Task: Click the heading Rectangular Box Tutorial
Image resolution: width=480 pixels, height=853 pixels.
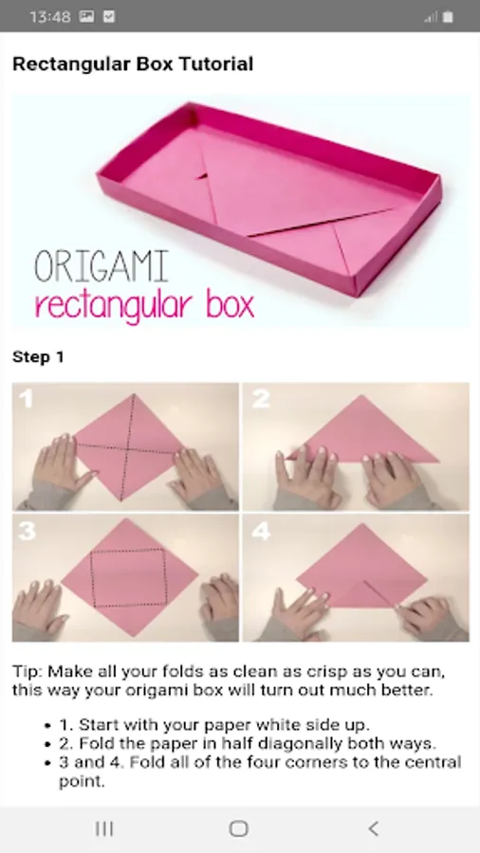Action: click(x=133, y=64)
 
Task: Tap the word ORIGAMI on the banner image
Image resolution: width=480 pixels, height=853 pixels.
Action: click(x=102, y=267)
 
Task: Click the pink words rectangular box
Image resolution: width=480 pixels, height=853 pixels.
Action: click(x=144, y=306)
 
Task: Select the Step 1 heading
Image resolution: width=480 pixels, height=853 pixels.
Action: click(x=38, y=357)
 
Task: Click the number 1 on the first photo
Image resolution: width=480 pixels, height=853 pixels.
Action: click(x=26, y=399)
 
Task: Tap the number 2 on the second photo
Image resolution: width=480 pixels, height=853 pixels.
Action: click(x=261, y=399)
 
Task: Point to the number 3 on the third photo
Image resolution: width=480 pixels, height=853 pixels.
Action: click(x=27, y=532)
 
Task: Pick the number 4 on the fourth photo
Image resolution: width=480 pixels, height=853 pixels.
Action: click(x=261, y=532)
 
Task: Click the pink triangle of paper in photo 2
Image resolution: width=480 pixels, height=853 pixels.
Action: click(x=363, y=432)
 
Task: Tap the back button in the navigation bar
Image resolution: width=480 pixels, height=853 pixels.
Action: click(x=374, y=828)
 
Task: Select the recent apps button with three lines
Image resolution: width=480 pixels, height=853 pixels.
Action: click(x=104, y=828)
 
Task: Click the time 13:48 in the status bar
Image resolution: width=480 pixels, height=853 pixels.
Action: click(x=50, y=17)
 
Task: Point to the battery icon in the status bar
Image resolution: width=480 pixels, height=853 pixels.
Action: click(x=448, y=17)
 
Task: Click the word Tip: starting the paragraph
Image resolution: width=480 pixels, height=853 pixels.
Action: click(x=28, y=671)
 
